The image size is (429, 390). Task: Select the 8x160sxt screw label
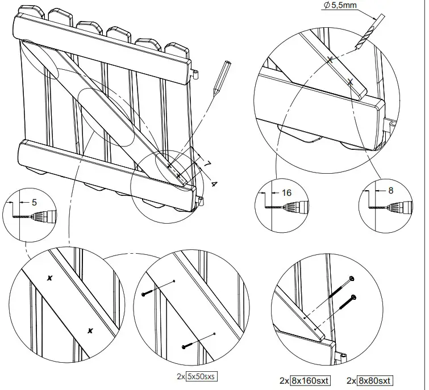[x=311, y=381]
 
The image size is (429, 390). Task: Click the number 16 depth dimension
[x=286, y=193]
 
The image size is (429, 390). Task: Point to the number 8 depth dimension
[x=390, y=191]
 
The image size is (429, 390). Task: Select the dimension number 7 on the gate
[x=207, y=164]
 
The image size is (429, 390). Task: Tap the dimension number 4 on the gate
[x=213, y=183]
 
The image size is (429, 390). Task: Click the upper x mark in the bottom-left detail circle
[x=50, y=278]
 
